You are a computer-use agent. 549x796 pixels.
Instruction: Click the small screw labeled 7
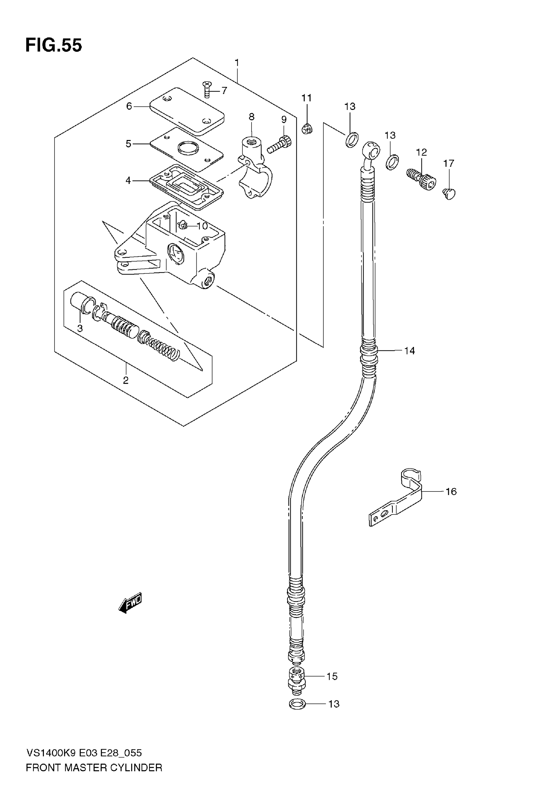click(207, 89)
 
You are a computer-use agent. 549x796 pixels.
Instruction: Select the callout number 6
click(129, 106)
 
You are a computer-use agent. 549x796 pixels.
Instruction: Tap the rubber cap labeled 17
click(449, 193)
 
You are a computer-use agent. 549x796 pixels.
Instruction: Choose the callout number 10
click(202, 226)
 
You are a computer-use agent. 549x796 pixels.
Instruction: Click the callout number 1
click(237, 63)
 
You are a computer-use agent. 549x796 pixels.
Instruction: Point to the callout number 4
click(128, 180)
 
